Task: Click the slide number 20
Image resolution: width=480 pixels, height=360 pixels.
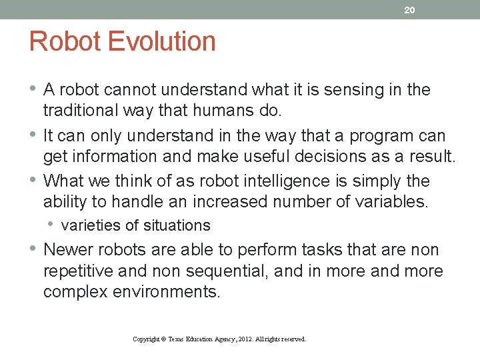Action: click(x=409, y=9)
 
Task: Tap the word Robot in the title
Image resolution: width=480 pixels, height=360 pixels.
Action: click(x=65, y=41)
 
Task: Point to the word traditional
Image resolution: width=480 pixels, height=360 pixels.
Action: click(x=80, y=111)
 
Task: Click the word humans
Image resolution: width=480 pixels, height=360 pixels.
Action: click(x=225, y=111)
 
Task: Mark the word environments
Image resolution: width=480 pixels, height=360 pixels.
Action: click(x=175, y=292)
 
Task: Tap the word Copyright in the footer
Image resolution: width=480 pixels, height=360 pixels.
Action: click(x=146, y=339)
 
